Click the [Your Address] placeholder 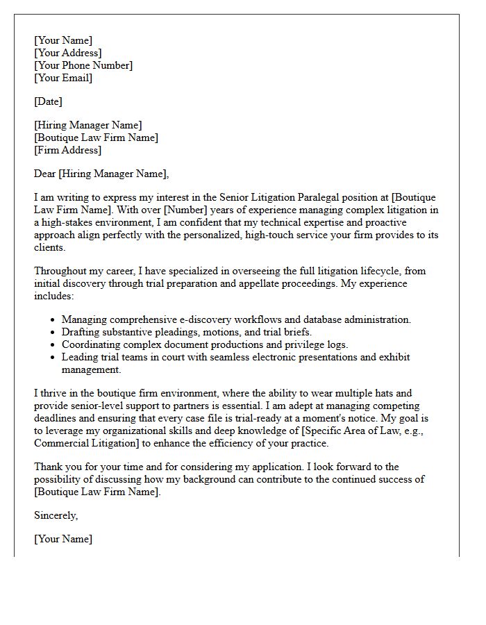[x=68, y=53]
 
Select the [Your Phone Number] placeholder [x=83, y=65]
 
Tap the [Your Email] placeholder [x=63, y=78]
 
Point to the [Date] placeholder [x=48, y=101]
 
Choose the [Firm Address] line [x=67, y=150]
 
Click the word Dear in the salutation [x=45, y=174]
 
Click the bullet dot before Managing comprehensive [x=54, y=320]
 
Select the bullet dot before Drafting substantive [x=54, y=333]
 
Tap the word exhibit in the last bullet [x=394, y=357]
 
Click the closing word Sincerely [x=56, y=515]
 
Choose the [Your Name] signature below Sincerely [x=63, y=539]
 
